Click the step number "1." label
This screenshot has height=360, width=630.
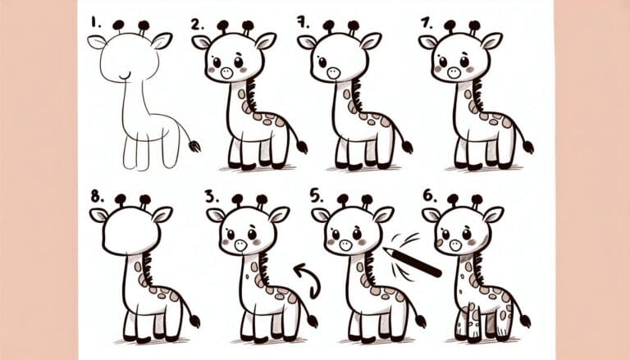pyautogui.click(x=95, y=19)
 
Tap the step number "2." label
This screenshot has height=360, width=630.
pyautogui.click(x=197, y=24)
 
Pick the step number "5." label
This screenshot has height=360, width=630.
pyautogui.click(x=317, y=194)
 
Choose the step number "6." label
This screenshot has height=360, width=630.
pyautogui.click(x=427, y=195)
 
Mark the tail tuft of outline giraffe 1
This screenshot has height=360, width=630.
pyautogui.click(x=195, y=146)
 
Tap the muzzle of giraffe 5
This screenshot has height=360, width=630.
pyautogui.click(x=344, y=244)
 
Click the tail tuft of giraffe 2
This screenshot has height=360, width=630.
pyautogui.click(x=302, y=148)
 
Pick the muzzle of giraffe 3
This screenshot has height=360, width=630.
pyautogui.click(x=240, y=244)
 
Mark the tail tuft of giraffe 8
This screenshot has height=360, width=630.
pyautogui.click(x=194, y=321)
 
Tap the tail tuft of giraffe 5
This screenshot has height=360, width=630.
pyautogui.click(x=419, y=321)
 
